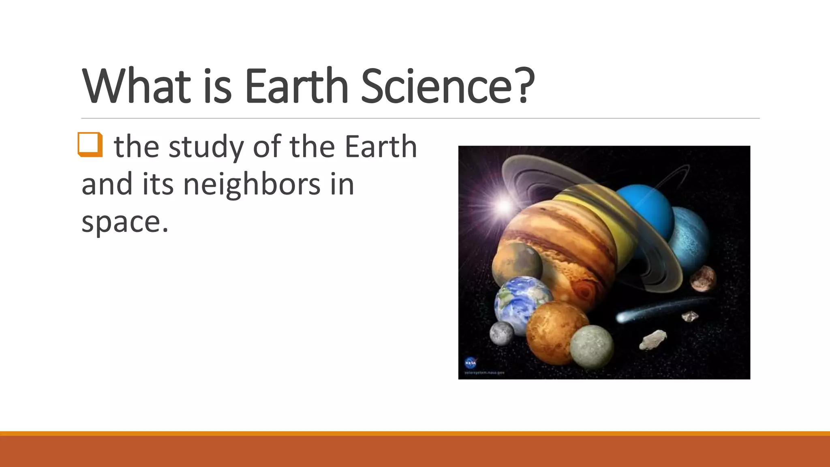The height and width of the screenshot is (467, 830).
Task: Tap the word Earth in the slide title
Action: click(296, 86)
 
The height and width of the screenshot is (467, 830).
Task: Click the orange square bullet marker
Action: click(90, 144)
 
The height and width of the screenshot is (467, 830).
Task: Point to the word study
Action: click(206, 147)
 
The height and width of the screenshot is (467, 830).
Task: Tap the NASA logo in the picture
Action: click(471, 362)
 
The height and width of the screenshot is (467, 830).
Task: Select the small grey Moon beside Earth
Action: click(501, 334)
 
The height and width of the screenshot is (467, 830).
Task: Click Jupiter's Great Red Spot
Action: click(583, 290)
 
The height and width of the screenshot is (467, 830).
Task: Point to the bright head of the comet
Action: click(622, 317)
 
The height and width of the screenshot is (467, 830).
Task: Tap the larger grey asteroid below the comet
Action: click(652, 339)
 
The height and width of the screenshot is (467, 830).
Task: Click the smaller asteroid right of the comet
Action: click(690, 316)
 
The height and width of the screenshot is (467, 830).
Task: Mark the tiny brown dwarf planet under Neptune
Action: click(703, 278)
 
